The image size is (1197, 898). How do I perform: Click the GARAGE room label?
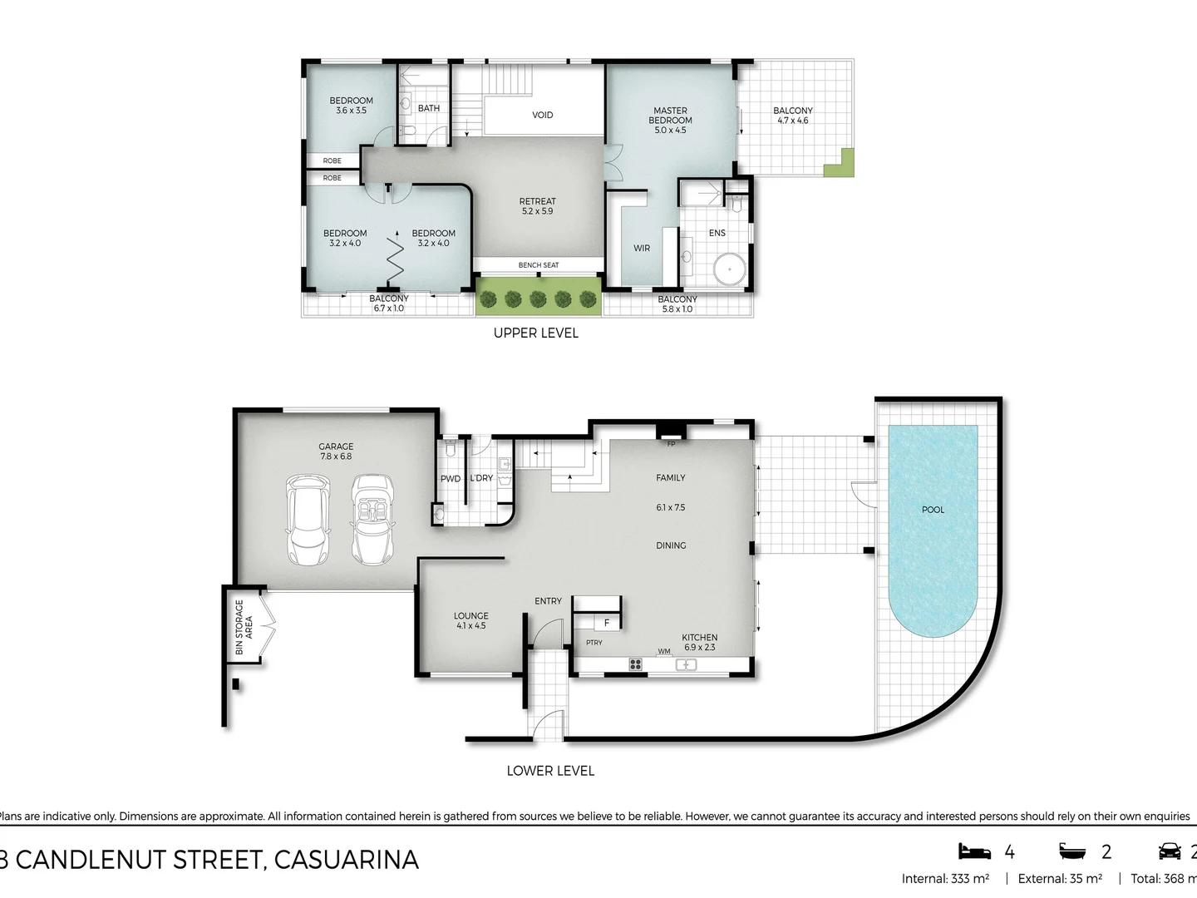pos(336,451)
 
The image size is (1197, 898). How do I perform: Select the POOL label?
pos(933,510)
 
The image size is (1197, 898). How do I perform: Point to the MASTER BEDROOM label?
pos(670,120)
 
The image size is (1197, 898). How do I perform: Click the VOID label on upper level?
pos(542,115)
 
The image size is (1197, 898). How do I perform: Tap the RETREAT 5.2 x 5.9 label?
pos(537,206)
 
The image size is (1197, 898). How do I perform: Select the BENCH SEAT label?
pos(538,265)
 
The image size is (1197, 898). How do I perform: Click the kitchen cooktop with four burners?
pos(636,664)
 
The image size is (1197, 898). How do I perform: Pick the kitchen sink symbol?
pos(686,664)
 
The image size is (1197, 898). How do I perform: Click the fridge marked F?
pos(606,622)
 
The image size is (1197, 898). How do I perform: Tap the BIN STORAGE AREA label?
pos(244,627)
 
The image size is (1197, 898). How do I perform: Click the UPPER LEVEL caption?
pos(535,333)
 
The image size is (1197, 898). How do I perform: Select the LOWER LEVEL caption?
pos(550,771)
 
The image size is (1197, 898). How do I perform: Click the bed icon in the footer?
pos(974,851)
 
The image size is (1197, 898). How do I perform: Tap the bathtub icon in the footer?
pos(1073,851)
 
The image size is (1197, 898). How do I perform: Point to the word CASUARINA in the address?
pos(346,859)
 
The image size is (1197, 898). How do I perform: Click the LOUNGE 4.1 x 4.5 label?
pos(470,620)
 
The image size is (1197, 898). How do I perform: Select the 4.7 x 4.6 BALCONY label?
pos(792,116)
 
